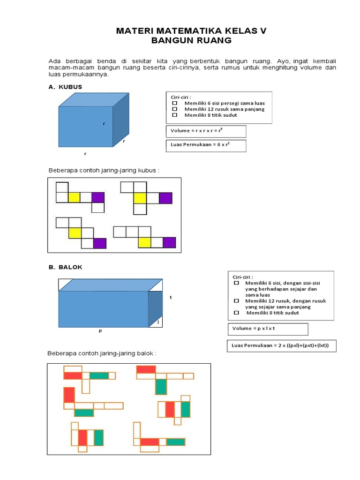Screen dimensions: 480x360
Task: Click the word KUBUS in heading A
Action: (x=70, y=87)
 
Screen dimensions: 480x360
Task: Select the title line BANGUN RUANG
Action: (x=191, y=41)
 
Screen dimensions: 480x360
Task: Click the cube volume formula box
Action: (x=205, y=131)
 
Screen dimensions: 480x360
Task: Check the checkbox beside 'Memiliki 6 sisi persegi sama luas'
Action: (x=174, y=103)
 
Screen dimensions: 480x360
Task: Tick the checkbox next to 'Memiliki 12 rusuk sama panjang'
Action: (x=174, y=109)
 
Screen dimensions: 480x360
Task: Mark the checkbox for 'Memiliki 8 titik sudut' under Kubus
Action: (x=174, y=115)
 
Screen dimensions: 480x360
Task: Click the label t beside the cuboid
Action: (x=171, y=297)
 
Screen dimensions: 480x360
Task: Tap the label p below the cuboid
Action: (x=100, y=330)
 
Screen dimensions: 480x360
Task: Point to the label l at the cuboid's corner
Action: (x=158, y=322)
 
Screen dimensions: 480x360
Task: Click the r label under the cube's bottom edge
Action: (x=85, y=153)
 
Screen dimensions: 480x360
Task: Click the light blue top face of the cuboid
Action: (x=110, y=285)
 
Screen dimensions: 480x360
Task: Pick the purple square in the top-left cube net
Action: (x=97, y=197)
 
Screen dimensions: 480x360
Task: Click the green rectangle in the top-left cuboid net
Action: (x=99, y=375)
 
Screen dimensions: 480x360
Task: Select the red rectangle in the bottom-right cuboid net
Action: (x=150, y=442)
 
